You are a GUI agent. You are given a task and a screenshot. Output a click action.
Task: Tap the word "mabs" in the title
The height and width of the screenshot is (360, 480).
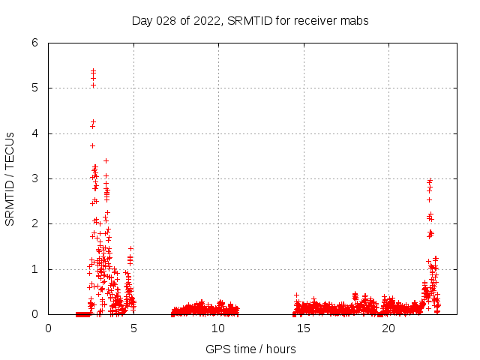click(x=355, y=20)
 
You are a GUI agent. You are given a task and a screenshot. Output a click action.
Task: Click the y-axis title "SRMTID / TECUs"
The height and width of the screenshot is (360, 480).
click(x=10, y=178)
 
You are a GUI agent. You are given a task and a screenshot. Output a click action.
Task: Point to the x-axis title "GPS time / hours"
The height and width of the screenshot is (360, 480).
click(x=250, y=349)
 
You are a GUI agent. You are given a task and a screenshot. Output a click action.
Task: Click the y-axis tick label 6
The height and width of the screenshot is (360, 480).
click(x=35, y=43)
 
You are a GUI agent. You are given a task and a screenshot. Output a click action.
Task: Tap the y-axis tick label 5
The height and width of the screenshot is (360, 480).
click(x=35, y=88)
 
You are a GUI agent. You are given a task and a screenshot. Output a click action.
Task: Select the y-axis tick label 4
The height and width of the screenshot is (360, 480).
click(x=35, y=133)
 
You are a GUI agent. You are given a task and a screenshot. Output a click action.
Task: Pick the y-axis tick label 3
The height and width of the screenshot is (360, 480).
click(x=35, y=178)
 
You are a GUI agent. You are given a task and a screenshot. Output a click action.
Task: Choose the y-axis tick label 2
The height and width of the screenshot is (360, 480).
click(x=35, y=223)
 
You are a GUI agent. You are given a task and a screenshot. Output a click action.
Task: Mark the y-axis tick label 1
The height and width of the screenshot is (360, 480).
click(x=35, y=269)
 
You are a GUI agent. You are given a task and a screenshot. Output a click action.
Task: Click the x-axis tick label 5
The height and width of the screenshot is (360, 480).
click(x=133, y=328)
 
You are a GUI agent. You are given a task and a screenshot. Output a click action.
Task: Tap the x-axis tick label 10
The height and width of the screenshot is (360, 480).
click(x=218, y=328)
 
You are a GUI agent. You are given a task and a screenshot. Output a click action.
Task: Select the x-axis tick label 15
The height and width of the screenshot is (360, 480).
click(x=304, y=328)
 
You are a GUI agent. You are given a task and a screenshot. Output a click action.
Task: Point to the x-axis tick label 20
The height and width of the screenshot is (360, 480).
click(x=388, y=328)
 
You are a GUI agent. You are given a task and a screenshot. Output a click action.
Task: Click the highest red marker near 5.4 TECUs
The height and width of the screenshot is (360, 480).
click(x=93, y=70)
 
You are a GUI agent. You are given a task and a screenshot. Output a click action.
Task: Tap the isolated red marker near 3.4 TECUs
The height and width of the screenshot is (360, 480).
click(x=106, y=160)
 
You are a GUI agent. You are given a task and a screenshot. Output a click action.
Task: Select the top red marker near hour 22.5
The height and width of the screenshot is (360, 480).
click(x=430, y=180)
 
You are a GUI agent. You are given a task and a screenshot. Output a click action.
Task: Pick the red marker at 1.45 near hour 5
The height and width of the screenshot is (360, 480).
click(x=130, y=248)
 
